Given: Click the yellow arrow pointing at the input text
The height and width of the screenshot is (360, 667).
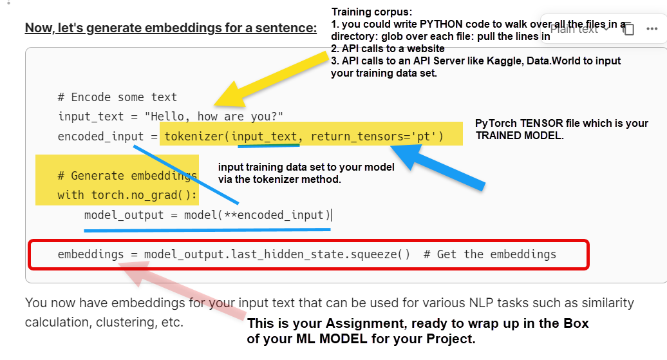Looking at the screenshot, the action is (272, 79).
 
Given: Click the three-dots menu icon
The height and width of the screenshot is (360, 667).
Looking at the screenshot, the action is (652, 28).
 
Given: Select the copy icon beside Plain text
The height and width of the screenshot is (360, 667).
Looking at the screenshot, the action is (629, 29).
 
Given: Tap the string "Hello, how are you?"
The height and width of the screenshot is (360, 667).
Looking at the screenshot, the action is (214, 116).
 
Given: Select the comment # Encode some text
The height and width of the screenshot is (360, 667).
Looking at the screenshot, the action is (117, 97).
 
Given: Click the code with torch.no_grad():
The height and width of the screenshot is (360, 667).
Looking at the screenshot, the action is (127, 195).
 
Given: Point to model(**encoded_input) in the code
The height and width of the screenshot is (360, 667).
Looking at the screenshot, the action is (257, 215).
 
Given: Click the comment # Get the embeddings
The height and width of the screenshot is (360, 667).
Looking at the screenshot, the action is (489, 254).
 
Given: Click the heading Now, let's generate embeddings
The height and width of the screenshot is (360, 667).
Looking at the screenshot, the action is (171, 28).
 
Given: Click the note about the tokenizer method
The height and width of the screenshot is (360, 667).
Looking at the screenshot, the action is (306, 173).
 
